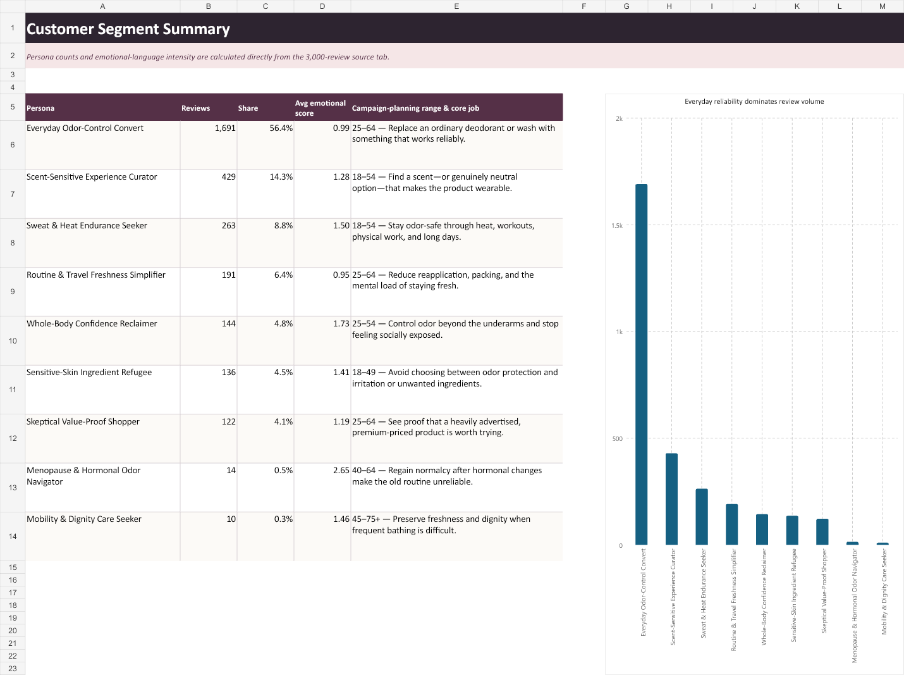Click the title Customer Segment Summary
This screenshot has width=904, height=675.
pyautogui.click(x=128, y=29)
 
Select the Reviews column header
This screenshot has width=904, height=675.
pyautogui.click(x=195, y=108)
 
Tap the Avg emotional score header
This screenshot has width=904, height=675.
pyautogui.click(x=321, y=108)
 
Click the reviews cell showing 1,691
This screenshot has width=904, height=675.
pyautogui.click(x=225, y=128)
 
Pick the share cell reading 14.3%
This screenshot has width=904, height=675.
pyautogui.click(x=281, y=176)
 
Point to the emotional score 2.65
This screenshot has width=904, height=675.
pyautogui.click(x=341, y=470)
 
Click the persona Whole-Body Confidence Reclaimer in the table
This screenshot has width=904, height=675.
pyautogui.click(x=92, y=323)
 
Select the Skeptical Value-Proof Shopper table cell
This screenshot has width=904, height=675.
pyautogui.click(x=83, y=421)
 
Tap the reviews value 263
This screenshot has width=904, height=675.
pyautogui.click(x=229, y=225)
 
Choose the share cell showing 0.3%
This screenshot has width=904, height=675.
pyautogui.click(x=283, y=519)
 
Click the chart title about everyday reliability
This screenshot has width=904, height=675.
pyautogui.click(x=754, y=101)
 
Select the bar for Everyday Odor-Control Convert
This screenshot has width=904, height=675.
pyautogui.click(x=641, y=364)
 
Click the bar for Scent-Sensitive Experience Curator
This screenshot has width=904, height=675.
pyautogui.click(x=671, y=499)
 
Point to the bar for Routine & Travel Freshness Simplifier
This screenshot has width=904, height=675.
pyautogui.click(x=732, y=524)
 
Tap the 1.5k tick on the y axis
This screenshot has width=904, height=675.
pyautogui.click(x=617, y=225)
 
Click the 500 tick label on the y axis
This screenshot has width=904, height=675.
pyautogui.click(x=618, y=438)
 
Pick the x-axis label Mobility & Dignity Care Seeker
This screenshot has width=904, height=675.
pyautogui.click(x=884, y=591)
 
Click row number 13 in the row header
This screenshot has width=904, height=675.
pyautogui.click(x=13, y=488)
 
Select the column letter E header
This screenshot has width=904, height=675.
pyautogui.click(x=456, y=6)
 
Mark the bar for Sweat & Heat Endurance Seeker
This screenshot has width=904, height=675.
pyautogui.click(x=702, y=517)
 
